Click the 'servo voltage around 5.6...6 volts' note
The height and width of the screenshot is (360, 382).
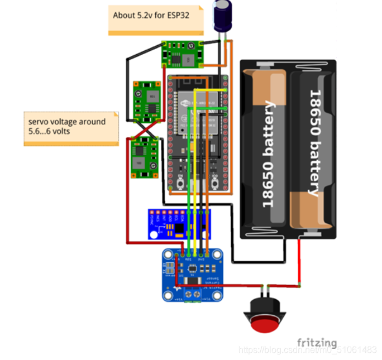tap(71, 128)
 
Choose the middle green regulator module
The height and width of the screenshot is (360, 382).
tap(146, 101)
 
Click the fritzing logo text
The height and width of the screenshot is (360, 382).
tap(317, 342)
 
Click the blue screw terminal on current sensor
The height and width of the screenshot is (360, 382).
tap(193, 294)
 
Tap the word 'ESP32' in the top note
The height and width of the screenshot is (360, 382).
tap(177, 16)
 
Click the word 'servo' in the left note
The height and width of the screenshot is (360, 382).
tap(39, 122)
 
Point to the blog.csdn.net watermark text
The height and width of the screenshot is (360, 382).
tap(307, 351)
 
